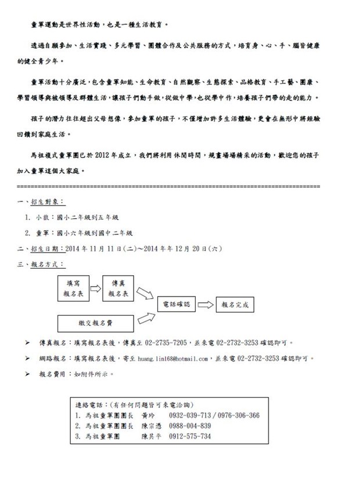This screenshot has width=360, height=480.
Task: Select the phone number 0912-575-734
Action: coord(190,435)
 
